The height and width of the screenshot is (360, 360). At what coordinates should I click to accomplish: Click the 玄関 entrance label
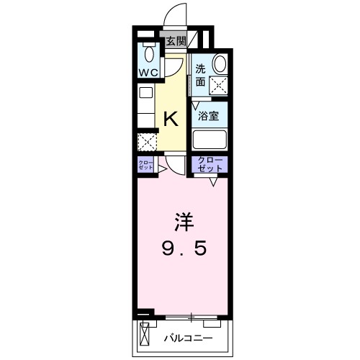tap(175, 41)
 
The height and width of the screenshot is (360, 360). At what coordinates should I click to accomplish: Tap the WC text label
tap(149, 73)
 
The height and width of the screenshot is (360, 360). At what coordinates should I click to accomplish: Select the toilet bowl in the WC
tap(149, 53)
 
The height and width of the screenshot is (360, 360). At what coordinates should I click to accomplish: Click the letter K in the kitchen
tap(171, 117)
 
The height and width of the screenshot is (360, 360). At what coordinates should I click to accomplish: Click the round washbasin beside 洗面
tap(219, 64)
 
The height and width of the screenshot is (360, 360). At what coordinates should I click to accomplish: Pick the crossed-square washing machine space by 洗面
tap(217, 84)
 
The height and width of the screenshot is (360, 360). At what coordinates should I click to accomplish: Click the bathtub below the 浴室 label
tap(210, 138)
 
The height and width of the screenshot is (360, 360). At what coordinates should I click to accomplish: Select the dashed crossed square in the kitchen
tap(147, 141)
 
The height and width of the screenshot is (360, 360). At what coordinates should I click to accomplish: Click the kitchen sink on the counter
tap(146, 94)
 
